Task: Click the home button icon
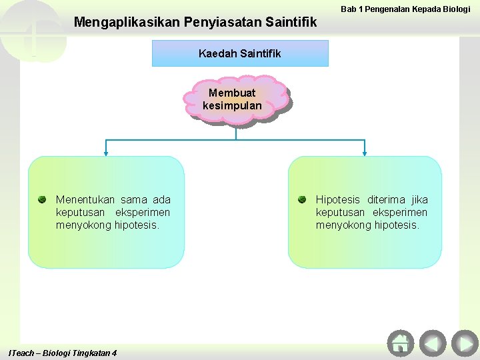(400, 343)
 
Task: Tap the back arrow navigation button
(433, 343)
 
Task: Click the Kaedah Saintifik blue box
(240, 53)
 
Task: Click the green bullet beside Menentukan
(42, 199)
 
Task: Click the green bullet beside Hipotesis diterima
(302, 199)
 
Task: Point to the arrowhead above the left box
(106, 153)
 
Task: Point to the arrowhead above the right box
(365, 153)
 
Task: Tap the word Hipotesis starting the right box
(338, 199)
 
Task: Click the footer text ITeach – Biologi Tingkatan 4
(62, 353)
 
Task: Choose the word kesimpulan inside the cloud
(232, 106)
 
